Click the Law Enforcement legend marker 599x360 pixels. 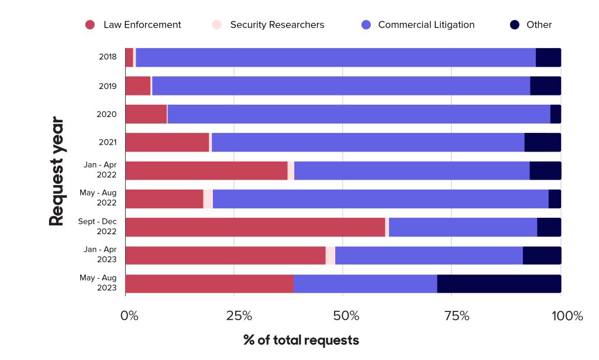point(90,25)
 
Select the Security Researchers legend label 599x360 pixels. point(277,25)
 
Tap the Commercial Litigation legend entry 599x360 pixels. point(426,25)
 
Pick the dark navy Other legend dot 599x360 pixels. point(515,25)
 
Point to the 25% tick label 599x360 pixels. point(239,316)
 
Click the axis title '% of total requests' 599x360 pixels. point(301,340)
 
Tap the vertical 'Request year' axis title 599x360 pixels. point(56,171)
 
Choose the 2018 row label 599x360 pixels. point(107,57)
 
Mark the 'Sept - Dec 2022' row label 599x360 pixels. point(98,227)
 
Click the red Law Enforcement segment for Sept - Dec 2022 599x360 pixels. point(255,227)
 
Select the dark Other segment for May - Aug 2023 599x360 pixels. point(499,283)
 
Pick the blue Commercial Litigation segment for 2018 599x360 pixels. point(336,57)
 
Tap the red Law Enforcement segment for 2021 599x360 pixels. point(167,142)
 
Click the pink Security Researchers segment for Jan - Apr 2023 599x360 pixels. point(331,255)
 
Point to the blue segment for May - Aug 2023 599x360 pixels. point(365,283)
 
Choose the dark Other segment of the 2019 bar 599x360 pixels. point(545,85)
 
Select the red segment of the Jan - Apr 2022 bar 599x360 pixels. point(206,170)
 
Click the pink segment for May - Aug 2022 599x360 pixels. point(208,198)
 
